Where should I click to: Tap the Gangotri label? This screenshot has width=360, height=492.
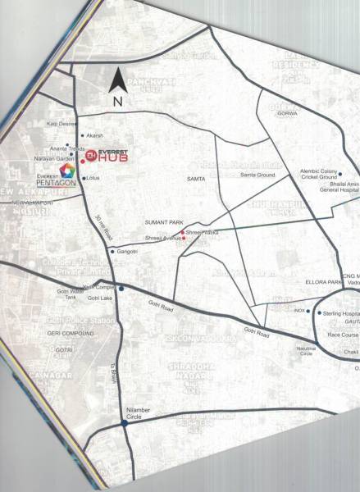128,250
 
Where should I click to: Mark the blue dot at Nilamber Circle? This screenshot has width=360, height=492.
124,423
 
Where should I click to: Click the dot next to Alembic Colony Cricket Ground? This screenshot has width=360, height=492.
340,173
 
